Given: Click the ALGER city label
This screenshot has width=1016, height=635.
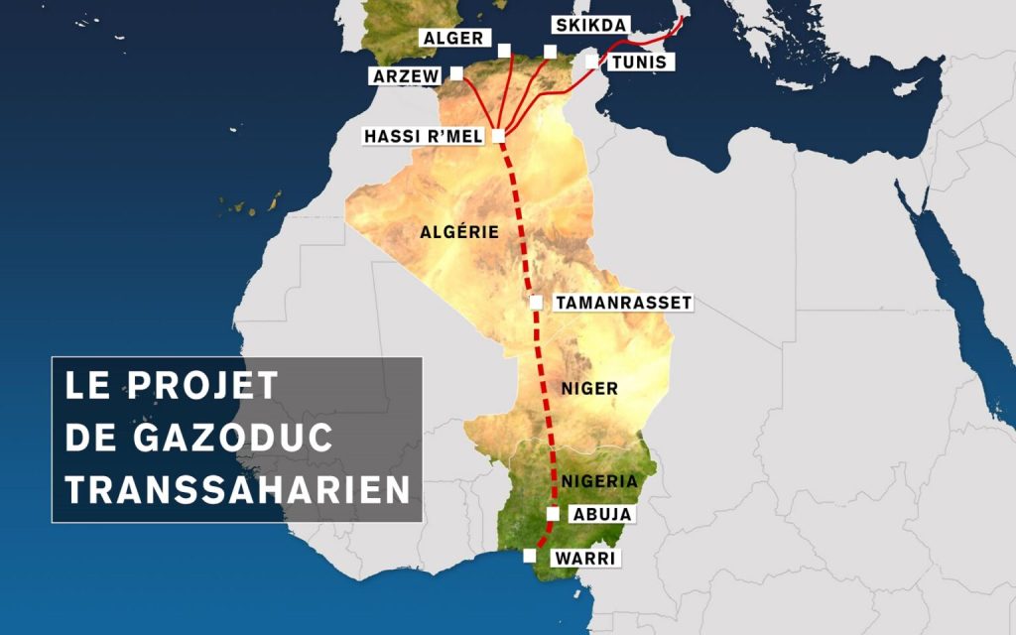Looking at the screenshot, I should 451,39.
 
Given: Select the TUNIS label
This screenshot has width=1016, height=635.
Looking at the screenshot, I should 641,63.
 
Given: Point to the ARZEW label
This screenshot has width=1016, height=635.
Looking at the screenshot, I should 407,76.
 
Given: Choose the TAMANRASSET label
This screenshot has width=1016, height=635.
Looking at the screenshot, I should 623,302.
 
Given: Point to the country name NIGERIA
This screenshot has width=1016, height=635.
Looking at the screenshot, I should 598,481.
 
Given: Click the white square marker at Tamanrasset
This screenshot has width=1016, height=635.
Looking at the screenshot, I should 536,302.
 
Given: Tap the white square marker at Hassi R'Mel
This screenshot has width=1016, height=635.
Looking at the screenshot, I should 498,135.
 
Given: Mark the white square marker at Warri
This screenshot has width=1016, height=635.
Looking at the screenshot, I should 530,557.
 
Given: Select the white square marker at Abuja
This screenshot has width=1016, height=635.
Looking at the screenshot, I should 553,514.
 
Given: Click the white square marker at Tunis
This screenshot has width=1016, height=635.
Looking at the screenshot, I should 591,62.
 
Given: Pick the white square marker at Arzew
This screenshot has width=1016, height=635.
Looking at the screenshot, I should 456,73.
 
